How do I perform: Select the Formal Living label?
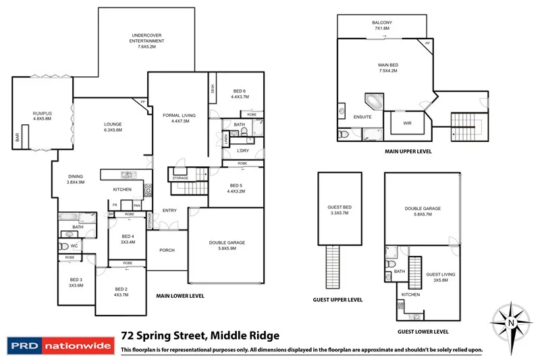179,119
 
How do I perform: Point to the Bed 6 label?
240,94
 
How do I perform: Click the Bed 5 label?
236,188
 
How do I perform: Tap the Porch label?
166,250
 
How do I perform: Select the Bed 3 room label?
76,282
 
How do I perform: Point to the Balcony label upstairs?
382,26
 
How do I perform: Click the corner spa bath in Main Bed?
373,102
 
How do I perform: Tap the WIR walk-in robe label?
407,123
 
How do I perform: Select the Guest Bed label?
338,210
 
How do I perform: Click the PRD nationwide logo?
59,345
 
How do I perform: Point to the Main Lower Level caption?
180,296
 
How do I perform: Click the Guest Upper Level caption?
338,300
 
